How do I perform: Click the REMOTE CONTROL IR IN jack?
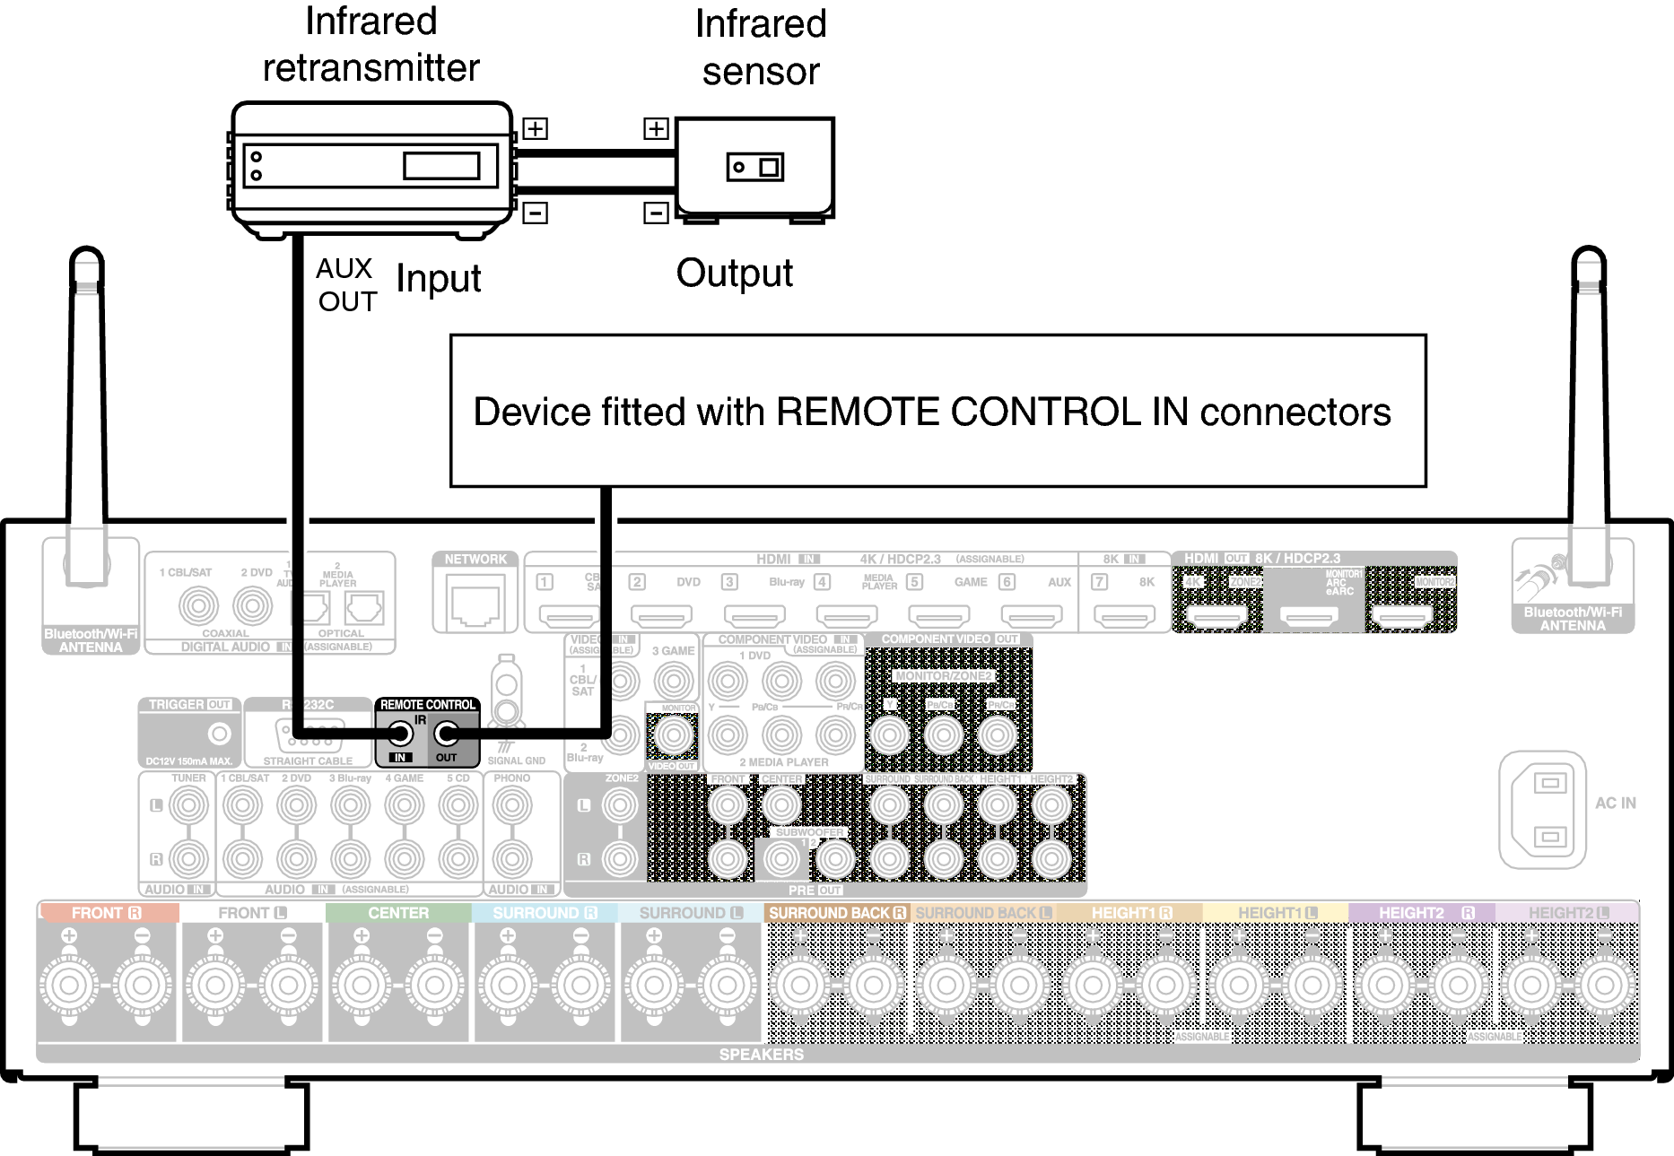400,734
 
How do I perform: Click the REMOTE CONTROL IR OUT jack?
446,734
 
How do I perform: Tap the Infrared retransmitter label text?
371,45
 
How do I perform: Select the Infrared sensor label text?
760,48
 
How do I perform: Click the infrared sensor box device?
754,168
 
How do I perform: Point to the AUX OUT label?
346,285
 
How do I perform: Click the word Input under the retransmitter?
438,279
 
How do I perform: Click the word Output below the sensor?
734,274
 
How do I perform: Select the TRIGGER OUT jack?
219,734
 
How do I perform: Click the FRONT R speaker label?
107,913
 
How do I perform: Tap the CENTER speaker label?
398,913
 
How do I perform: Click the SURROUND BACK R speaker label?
836,913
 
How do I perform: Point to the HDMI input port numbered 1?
569,615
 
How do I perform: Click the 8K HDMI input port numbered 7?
1124,615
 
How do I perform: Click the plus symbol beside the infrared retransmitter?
536,128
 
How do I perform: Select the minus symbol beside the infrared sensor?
656,213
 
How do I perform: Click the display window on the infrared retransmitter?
440,166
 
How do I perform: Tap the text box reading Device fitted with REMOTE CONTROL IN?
937,411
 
